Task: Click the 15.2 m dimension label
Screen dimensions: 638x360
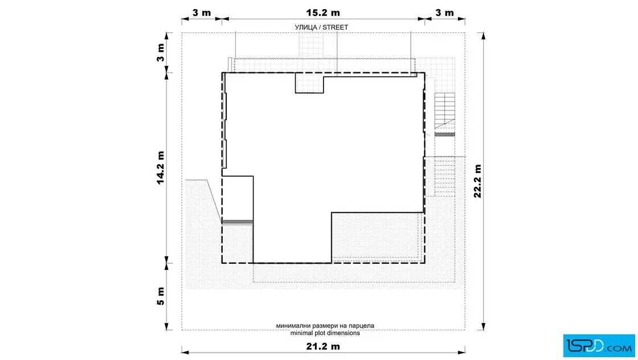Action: [322, 13]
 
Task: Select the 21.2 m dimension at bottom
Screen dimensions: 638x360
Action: [322, 346]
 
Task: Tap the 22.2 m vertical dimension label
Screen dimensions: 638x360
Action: [477, 181]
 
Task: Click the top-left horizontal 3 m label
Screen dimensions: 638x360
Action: [202, 13]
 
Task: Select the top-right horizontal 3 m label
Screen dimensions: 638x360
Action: [444, 13]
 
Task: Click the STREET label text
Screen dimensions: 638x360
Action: [336, 27]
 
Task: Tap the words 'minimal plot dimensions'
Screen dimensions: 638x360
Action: [325, 333]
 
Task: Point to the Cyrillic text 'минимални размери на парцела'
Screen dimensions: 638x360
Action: [325, 325]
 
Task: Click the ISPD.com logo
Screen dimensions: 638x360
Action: [599, 346]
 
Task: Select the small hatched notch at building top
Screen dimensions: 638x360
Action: [309, 83]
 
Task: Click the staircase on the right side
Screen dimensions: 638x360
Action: [445, 111]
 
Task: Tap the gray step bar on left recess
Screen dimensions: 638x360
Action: [238, 222]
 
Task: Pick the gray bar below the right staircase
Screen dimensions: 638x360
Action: [445, 134]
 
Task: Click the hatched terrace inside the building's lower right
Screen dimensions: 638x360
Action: [377, 238]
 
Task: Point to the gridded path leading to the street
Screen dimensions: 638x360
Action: [311, 45]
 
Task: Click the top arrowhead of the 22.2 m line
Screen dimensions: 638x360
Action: [484, 36]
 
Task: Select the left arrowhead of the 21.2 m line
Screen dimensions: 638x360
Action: [185, 352]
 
